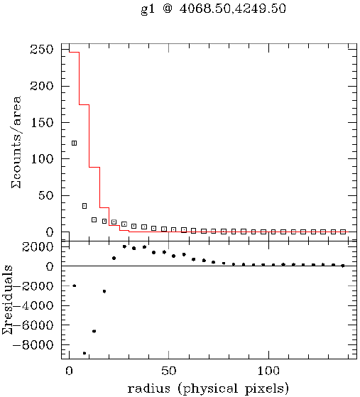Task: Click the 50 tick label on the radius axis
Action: (x=168, y=371)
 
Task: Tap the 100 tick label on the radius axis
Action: (x=268, y=371)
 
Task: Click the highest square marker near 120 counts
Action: (x=74, y=143)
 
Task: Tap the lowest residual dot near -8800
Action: (x=84, y=353)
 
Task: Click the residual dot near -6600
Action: (x=94, y=331)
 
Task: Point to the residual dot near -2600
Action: (x=104, y=291)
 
